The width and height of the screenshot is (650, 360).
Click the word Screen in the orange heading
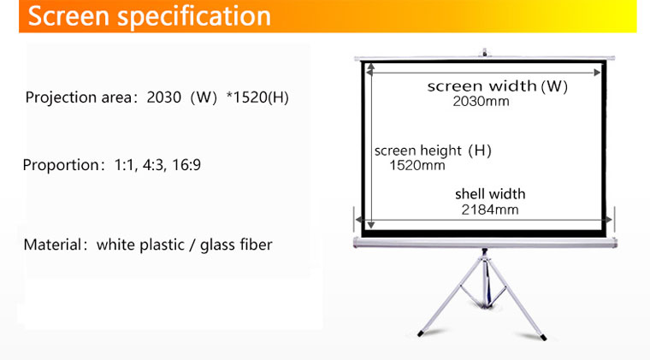coord(68,15)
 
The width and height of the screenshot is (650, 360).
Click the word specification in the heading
coord(194,17)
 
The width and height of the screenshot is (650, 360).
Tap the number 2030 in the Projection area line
coord(163,97)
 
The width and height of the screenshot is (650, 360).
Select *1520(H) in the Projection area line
coord(257,97)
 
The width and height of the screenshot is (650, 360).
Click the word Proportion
coord(61,165)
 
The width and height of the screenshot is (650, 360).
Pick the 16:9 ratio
coord(186,165)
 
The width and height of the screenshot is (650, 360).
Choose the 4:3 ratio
coord(154,165)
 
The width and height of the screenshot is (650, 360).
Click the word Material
coord(53,245)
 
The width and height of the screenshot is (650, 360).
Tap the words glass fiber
coord(236,245)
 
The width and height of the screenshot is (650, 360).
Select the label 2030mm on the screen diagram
coord(481,102)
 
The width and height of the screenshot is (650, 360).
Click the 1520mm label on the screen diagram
coord(417,166)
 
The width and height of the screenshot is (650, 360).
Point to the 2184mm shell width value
coord(490,210)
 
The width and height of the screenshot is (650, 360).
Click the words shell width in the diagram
coord(490,194)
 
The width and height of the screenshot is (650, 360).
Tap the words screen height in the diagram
coord(418,150)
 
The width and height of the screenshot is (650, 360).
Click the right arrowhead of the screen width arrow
coord(597,73)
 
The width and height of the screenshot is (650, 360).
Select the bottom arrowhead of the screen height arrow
coord(371,225)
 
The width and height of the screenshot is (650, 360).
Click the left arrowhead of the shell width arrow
coord(359,220)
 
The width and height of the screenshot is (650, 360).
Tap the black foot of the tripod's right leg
coord(543,338)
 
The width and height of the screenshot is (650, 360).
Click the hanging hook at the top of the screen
coord(484,52)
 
